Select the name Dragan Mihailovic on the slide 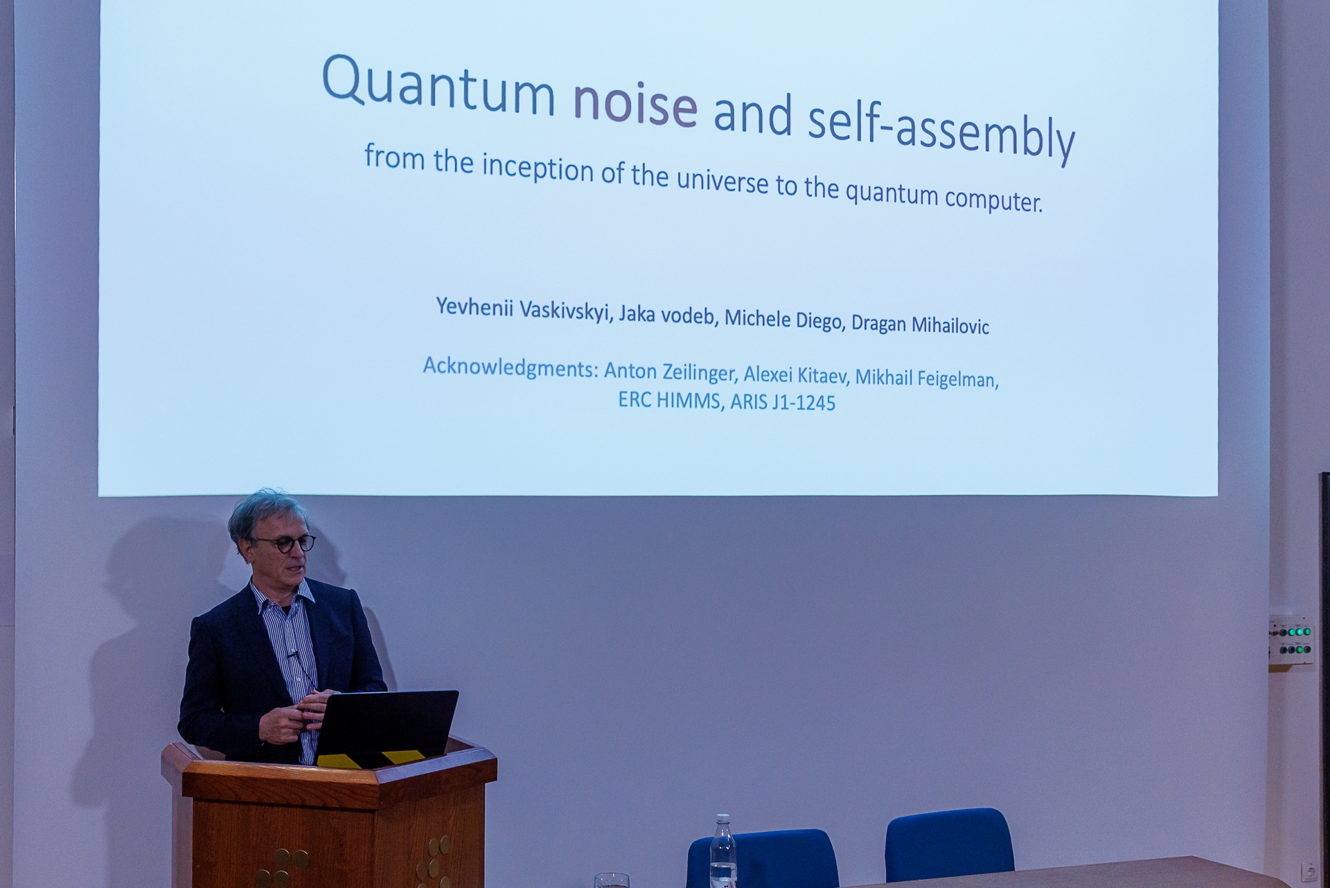coord(920,324)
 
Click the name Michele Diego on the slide coord(784,319)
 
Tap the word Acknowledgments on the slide coord(511,367)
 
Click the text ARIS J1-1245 coord(783,402)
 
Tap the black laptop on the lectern coord(384,727)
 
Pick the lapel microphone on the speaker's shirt coord(293,654)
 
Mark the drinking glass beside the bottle coord(612,880)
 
